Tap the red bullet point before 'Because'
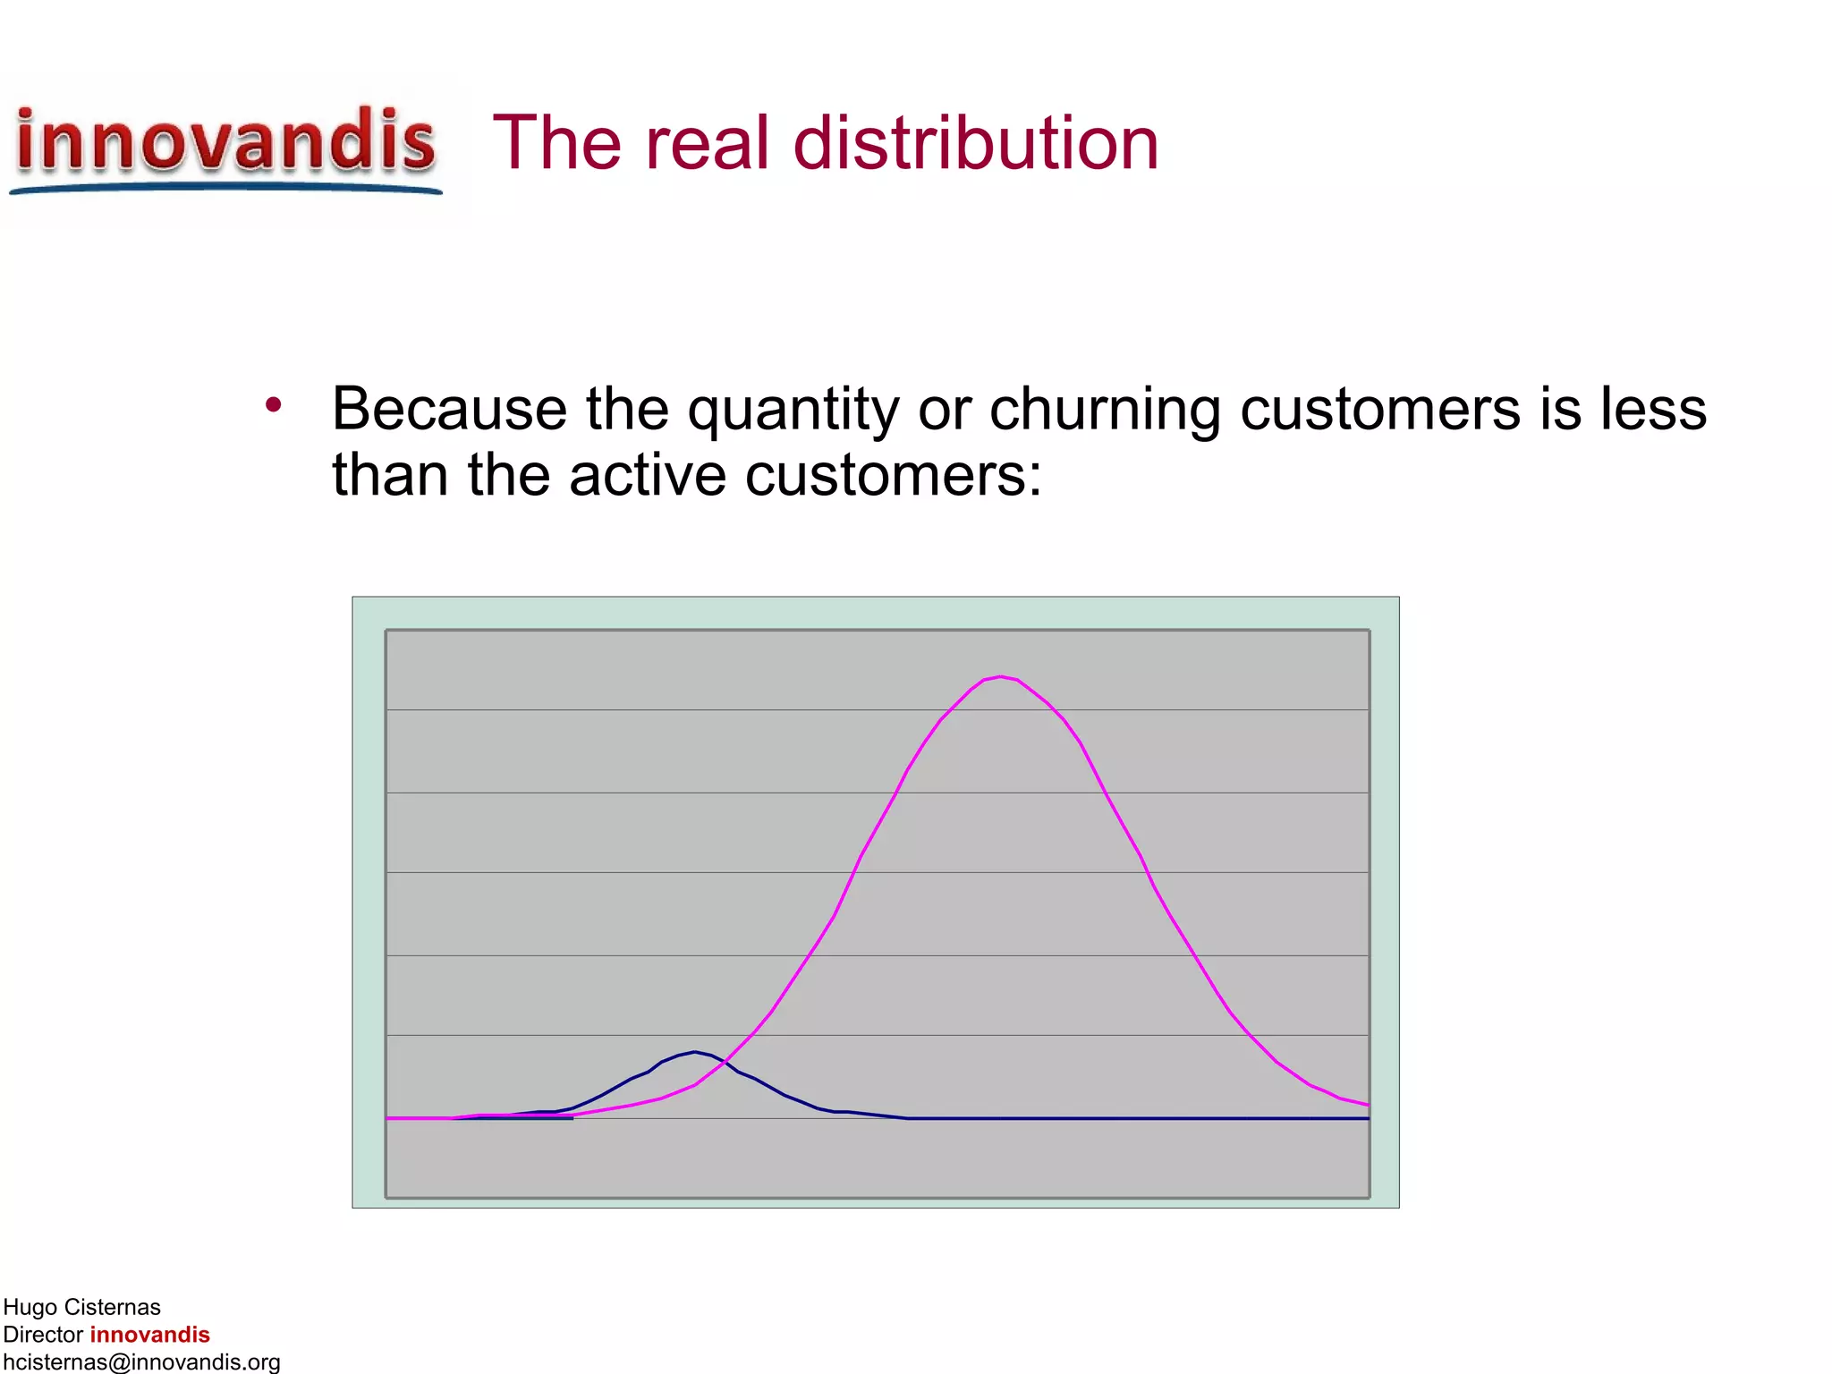[274, 405]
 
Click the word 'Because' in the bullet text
[449, 409]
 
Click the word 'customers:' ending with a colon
[894, 475]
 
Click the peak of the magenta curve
[1000, 677]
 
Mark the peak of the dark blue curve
[695, 1052]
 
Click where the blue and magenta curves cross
[725, 1064]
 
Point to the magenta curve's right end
[1367, 1105]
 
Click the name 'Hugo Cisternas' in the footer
[81, 1308]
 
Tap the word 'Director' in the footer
[43, 1335]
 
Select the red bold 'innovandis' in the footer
[149, 1335]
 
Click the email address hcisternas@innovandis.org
[141, 1362]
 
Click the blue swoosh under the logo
[225, 187]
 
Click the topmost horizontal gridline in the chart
[877, 710]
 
